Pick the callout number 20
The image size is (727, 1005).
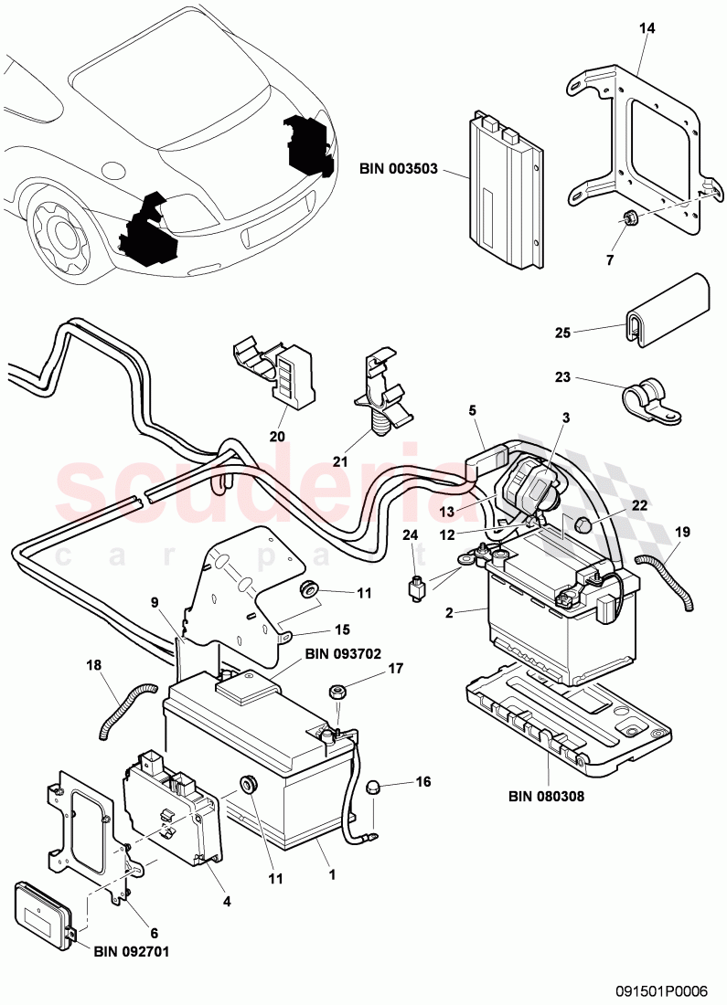point(277,436)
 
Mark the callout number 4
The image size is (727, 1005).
point(226,900)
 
